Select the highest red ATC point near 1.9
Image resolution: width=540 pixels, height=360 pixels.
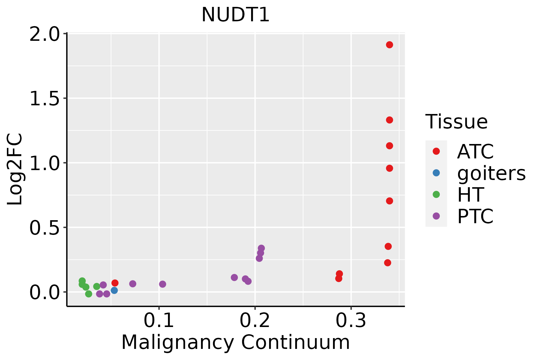pyautogui.click(x=389, y=45)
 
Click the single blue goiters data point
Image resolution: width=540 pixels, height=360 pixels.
pyautogui.click(x=114, y=290)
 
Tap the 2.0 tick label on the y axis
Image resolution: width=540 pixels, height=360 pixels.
pyautogui.click(x=44, y=35)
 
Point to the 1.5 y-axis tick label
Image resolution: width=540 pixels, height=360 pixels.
pyautogui.click(x=44, y=99)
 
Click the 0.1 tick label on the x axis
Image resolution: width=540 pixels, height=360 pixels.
pyautogui.click(x=159, y=321)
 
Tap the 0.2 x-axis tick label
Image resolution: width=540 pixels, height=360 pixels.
pyautogui.click(x=255, y=321)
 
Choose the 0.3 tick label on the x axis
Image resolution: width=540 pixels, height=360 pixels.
pyautogui.click(x=351, y=321)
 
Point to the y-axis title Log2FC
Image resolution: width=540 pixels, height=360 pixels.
pyautogui.click(x=15, y=169)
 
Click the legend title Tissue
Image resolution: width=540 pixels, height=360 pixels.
pyautogui.click(x=457, y=122)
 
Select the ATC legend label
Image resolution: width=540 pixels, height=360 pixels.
pyautogui.click(x=475, y=151)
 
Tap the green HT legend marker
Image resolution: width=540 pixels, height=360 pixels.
pyautogui.click(x=436, y=194)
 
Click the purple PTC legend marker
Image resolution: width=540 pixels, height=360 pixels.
pyautogui.click(x=436, y=216)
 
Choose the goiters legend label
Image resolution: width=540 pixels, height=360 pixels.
pyautogui.click(x=491, y=174)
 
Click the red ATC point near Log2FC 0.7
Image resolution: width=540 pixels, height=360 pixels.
pyautogui.click(x=389, y=201)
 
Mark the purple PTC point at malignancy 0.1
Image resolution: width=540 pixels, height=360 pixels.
pyautogui.click(x=163, y=284)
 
